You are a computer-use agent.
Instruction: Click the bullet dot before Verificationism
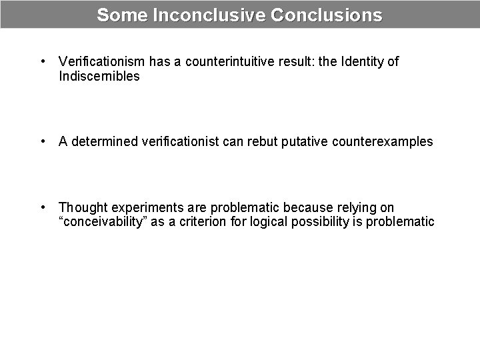(42, 62)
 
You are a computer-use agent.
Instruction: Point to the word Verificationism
(102, 62)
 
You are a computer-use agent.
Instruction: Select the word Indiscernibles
(99, 76)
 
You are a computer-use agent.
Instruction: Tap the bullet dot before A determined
(42, 141)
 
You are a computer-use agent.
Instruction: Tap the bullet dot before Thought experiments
(42, 208)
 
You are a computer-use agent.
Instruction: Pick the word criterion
(203, 222)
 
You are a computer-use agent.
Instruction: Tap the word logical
(269, 222)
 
